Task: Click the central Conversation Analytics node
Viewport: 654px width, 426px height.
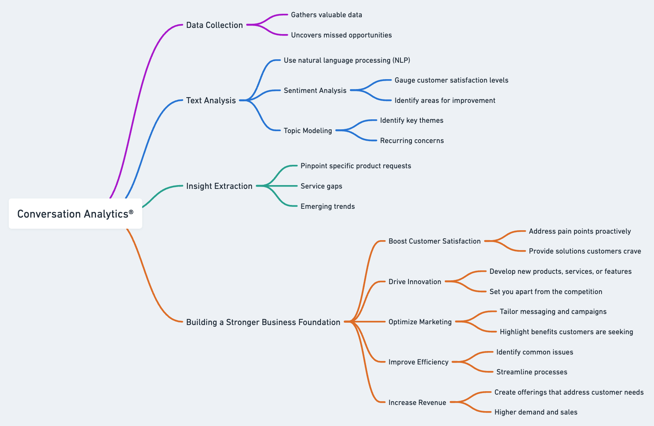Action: (75, 214)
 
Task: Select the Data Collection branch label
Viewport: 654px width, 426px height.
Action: (214, 25)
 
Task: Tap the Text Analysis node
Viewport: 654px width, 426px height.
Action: (211, 101)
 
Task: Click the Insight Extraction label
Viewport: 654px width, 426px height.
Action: (219, 186)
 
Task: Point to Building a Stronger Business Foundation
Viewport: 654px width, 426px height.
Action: (263, 322)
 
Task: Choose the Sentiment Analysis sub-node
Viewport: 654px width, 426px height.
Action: (315, 91)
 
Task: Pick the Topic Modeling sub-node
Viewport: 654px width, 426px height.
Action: (307, 131)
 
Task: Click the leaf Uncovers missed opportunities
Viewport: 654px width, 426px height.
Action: (341, 35)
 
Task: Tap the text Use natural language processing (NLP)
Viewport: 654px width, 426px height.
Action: (347, 60)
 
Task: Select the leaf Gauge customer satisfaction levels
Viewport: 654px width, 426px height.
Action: (451, 80)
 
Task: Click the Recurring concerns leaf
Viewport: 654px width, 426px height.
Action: (412, 141)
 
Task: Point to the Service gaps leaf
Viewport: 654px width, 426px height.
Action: (321, 186)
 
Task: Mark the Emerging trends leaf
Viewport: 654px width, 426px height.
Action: (327, 206)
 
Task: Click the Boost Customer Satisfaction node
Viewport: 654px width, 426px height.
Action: (434, 241)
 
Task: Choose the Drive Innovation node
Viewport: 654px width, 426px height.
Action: (415, 282)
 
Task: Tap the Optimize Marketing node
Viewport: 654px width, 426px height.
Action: (420, 322)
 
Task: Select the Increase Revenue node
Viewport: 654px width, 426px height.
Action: (417, 403)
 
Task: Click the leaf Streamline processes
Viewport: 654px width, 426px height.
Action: (532, 372)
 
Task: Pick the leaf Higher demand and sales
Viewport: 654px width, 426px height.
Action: (535, 412)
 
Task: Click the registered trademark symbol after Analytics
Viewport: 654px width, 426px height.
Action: (131, 211)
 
